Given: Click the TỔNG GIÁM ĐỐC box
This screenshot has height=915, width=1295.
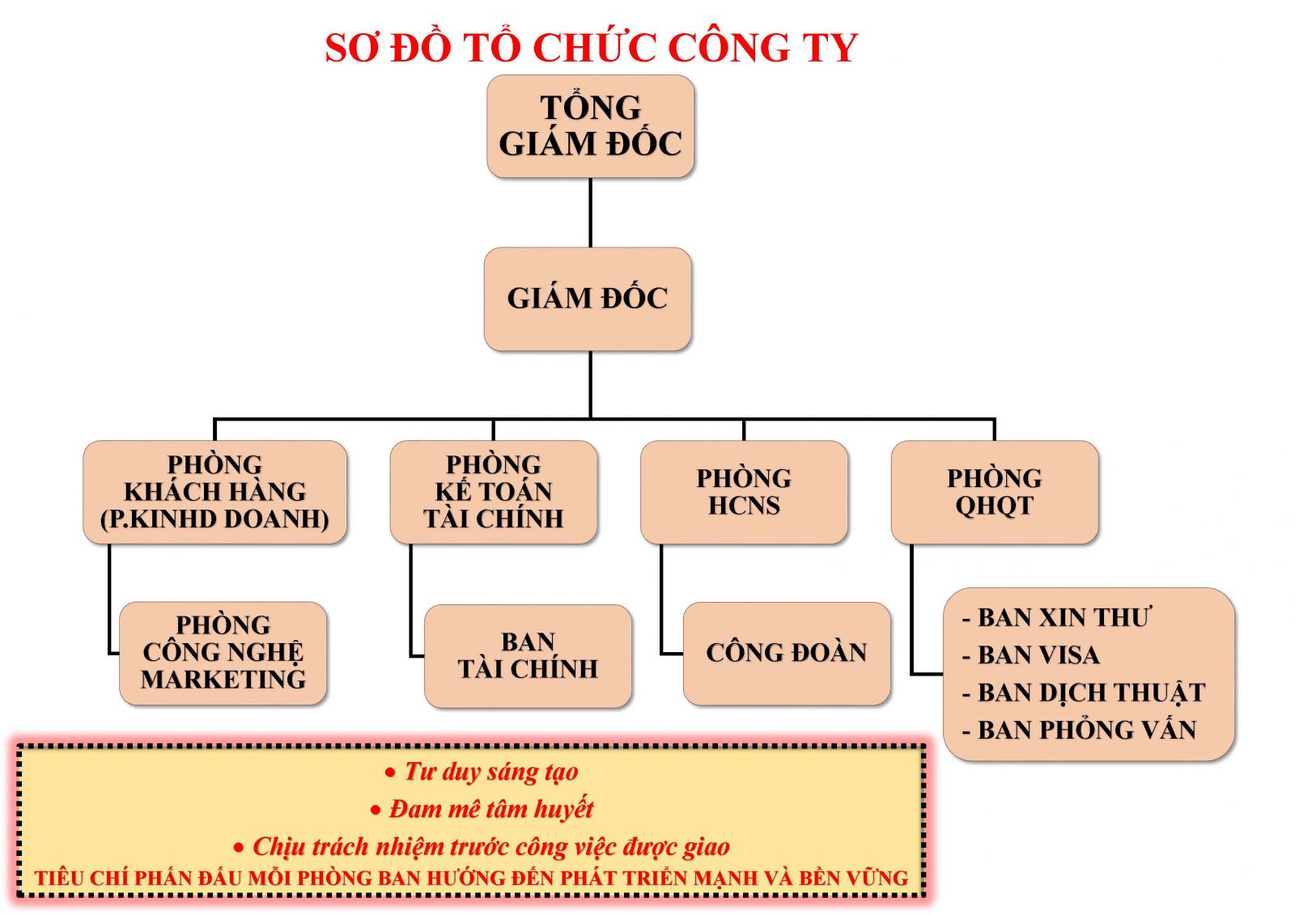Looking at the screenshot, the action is [x=590, y=126].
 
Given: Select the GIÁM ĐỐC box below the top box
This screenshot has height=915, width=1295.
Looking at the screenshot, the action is [x=588, y=299].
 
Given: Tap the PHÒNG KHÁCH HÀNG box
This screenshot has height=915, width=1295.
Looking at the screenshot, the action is [x=215, y=492].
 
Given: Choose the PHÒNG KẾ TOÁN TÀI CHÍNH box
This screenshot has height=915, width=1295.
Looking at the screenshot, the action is [x=493, y=492].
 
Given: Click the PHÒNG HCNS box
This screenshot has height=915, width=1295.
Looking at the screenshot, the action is [x=744, y=492].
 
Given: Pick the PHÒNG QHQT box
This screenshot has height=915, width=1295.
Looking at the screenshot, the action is [x=995, y=492].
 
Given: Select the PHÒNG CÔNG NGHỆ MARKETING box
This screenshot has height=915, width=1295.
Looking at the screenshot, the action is [x=223, y=653].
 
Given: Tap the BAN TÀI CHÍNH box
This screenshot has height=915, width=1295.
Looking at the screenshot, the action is [x=528, y=656].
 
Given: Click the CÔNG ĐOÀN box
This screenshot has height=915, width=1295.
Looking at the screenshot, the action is [x=786, y=653].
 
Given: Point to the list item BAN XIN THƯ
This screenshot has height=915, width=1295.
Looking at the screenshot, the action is [x=1056, y=617].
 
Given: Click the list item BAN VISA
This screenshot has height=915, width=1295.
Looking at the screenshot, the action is [x=1031, y=654].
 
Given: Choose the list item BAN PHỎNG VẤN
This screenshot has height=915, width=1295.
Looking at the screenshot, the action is [x=1079, y=730].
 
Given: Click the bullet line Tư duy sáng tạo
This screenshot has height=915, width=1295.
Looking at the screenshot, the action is [x=482, y=773].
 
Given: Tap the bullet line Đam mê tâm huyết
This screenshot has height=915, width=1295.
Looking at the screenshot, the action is [x=482, y=809].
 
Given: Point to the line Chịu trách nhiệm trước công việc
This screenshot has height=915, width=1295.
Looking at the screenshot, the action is [x=481, y=847].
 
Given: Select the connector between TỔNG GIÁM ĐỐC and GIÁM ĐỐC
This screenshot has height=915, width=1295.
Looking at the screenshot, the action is [x=590, y=213].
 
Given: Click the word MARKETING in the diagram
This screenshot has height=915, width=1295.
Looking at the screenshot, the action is [x=223, y=680].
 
